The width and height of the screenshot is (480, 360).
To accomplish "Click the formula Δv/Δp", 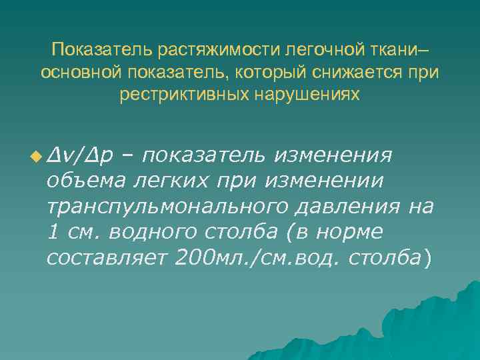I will [x=79, y=156].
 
